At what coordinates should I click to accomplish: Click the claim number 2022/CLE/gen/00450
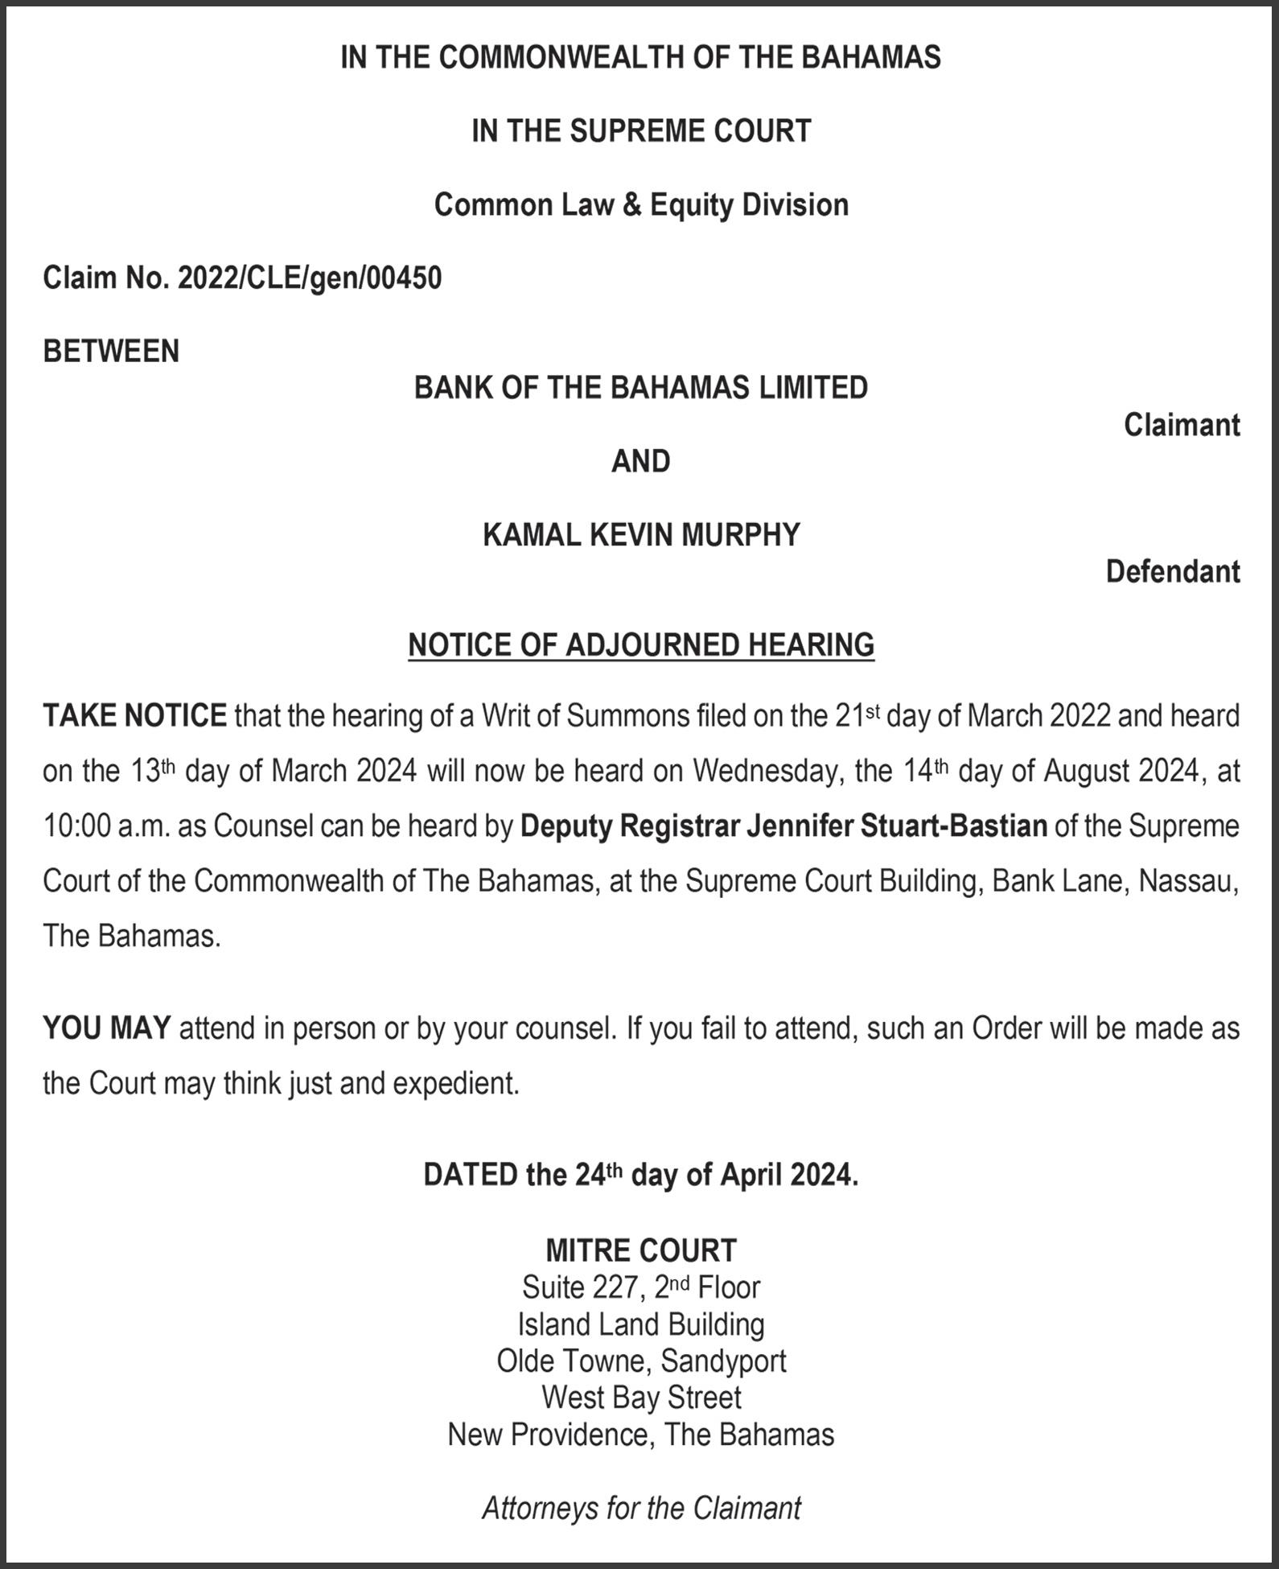tap(310, 278)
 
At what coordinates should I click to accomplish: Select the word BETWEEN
tap(111, 352)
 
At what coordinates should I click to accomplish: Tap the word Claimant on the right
tap(1181, 425)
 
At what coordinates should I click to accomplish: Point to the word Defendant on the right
tap(1172, 572)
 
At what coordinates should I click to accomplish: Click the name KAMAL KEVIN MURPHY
tap(641, 535)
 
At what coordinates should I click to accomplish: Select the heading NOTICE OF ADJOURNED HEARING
tap(641, 645)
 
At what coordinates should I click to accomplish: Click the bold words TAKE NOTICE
tap(134, 715)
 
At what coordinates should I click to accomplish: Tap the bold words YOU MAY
tap(106, 1028)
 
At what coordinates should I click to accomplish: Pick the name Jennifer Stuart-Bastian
tap(897, 826)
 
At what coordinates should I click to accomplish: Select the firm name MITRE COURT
tap(641, 1250)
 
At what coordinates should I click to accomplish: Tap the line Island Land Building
tap(641, 1324)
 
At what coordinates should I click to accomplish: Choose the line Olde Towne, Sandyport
tap(641, 1361)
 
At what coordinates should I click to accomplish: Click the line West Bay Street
tap(641, 1398)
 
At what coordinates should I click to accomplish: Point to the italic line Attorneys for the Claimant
tap(641, 1508)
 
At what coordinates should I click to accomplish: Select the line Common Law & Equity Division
tap(641, 205)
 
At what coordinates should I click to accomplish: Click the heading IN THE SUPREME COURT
tap(641, 131)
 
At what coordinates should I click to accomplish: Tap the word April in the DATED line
tap(751, 1176)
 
